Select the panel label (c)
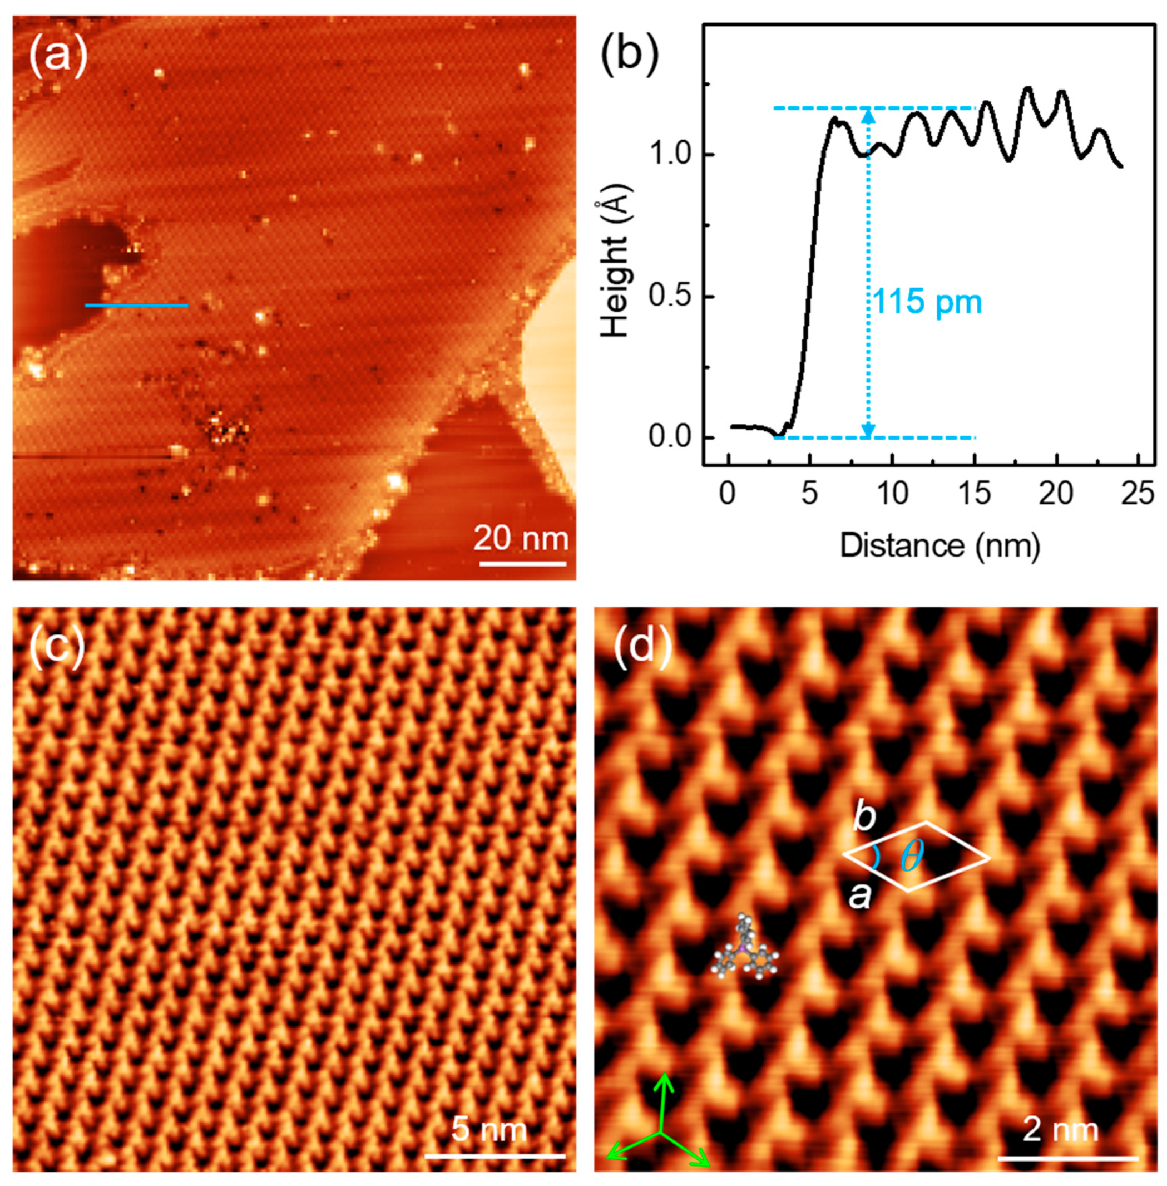(x=57, y=647)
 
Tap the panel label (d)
(x=642, y=647)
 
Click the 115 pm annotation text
(x=927, y=302)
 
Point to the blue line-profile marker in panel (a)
(x=136, y=305)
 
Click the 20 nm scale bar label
(x=521, y=538)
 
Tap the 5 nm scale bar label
(x=489, y=1129)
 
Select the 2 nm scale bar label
(x=1060, y=1129)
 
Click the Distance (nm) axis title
(x=939, y=545)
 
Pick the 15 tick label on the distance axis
(x=974, y=493)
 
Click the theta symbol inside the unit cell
(x=912, y=856)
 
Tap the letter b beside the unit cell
(x=864, y=818)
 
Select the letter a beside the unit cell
(x=859, y=897)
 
